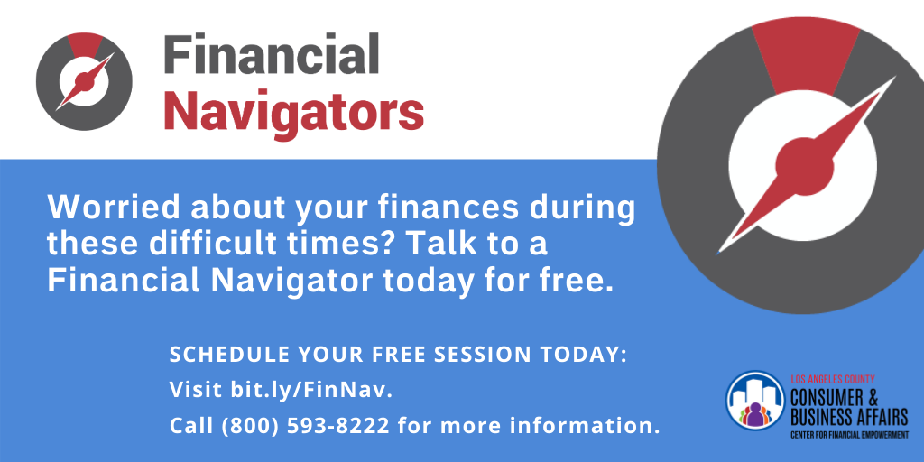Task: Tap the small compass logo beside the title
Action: tap(84, 80)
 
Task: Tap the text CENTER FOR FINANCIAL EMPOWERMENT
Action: tap(849, 436)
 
